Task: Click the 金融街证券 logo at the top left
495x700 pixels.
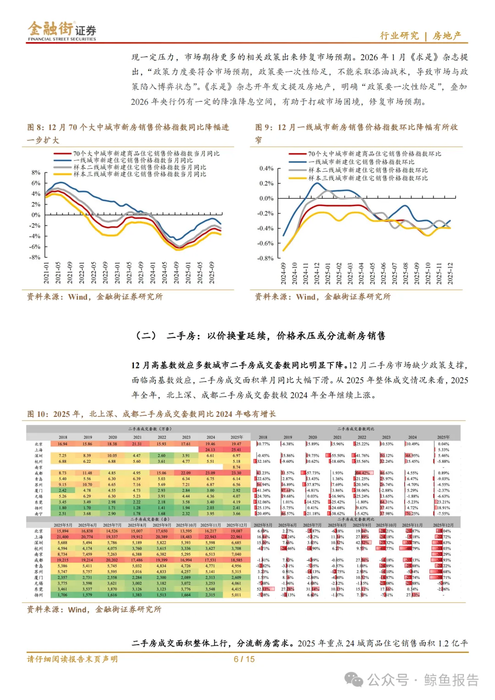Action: [62, 31]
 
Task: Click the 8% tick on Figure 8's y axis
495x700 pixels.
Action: [36, 173]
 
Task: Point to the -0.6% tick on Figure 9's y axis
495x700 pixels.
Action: [266, 243]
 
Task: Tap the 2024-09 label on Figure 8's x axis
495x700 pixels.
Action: [176, 273]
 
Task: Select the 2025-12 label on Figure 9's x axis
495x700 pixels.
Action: [450, 273]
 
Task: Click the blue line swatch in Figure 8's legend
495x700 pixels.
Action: [63, 160]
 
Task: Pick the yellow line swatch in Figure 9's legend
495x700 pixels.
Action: [297, 178]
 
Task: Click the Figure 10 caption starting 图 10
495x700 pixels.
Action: [151, 414]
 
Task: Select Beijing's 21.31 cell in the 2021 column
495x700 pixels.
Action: [137, 444]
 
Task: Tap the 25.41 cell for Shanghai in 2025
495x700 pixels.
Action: [236, 450]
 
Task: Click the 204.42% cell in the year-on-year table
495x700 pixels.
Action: [362, 473]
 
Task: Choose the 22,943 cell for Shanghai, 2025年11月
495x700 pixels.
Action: [210, 537]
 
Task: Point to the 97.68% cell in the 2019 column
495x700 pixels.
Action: [287, 491]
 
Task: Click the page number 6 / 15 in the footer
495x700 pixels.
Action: [244, 659]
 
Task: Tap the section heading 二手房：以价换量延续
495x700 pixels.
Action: [262, 336]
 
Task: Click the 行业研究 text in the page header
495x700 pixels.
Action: [399, 36]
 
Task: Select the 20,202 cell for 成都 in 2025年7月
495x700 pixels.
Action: [112, 560]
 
